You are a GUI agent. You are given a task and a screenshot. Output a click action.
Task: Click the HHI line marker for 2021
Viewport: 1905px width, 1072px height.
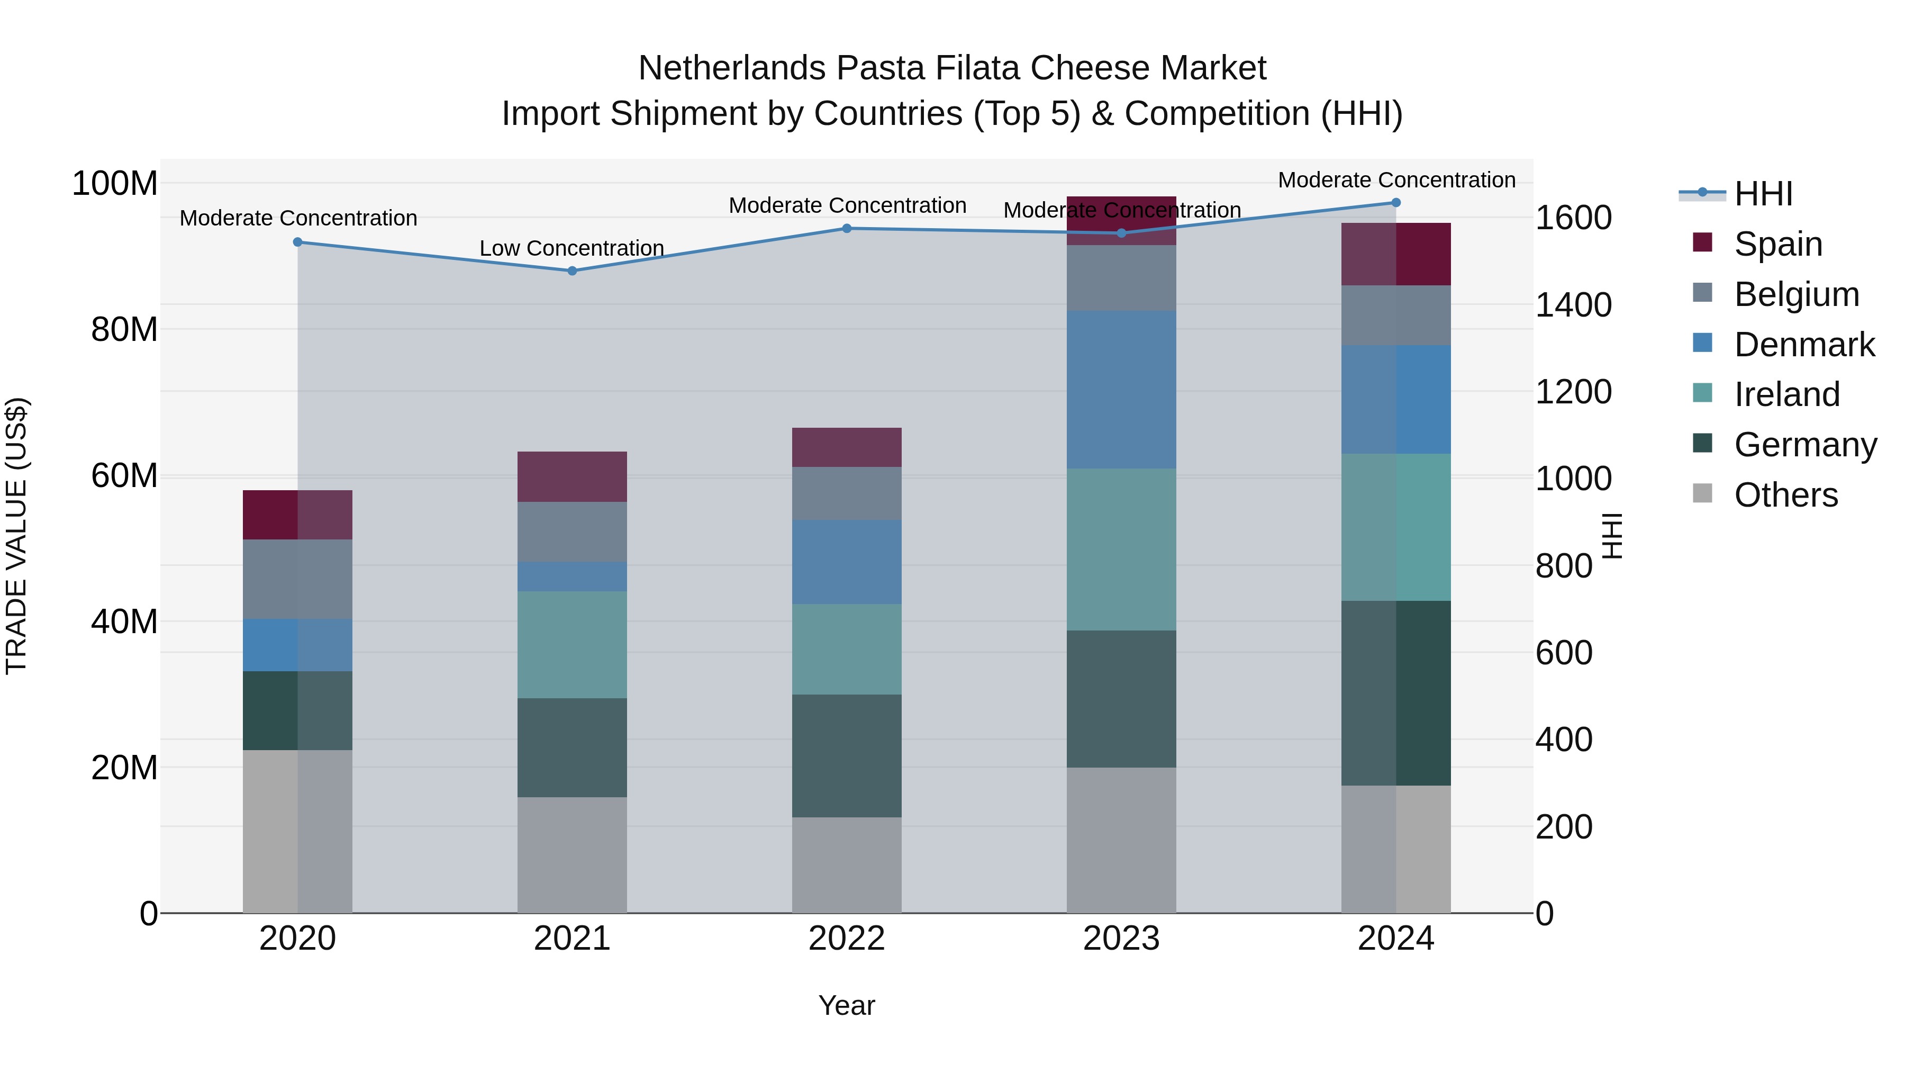point(571,271)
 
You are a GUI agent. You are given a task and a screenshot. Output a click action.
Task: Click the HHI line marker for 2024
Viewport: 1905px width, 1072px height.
point(1395,203)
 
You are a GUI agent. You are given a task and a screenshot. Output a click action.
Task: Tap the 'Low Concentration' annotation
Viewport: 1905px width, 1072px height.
point(571,249)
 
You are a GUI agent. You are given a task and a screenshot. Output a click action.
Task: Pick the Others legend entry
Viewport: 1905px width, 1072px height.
point(1785,495)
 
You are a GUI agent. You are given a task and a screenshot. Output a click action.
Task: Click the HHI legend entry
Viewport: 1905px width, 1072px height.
point(1763,194)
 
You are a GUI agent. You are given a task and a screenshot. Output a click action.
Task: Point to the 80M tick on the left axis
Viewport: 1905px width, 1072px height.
point(124,329)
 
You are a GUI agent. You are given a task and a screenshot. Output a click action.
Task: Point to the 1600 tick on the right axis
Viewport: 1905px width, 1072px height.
point(1574,218)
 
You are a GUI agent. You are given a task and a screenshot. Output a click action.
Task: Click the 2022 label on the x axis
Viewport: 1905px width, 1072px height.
point(847,939)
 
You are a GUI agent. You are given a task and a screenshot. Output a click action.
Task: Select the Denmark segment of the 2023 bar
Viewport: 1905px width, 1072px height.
point(1121,390)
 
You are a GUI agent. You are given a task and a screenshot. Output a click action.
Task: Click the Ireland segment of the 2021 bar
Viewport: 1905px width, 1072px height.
point(571,644)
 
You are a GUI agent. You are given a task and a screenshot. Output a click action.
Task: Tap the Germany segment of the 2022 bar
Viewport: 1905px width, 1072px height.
point(847,755)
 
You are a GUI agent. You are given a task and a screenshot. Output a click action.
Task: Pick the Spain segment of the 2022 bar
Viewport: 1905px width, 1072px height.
point(847,447)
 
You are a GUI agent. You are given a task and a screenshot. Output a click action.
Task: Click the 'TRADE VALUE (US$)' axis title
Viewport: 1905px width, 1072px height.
point(16,536)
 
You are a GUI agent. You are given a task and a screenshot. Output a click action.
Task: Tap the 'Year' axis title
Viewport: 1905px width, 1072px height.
point(847,1005)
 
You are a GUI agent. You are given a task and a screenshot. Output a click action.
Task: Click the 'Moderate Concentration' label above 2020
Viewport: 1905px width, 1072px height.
point(298,218)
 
